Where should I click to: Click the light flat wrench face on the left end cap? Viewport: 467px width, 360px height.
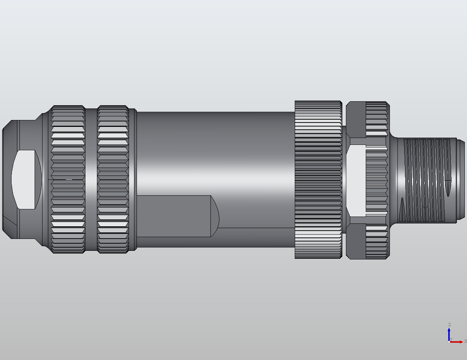coord(25,179)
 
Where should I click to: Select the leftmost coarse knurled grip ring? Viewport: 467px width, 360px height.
coord(68,179)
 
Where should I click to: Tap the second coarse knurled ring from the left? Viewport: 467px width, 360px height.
coord(113,179)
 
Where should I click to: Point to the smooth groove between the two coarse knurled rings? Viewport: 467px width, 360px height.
coord(91,179)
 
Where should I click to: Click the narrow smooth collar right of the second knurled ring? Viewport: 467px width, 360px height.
coord(133,179)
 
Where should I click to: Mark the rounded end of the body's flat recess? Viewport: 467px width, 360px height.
coord(215,216)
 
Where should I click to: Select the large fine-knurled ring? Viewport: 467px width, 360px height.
coord(318,179)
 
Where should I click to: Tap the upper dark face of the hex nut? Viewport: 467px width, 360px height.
coord(356,119)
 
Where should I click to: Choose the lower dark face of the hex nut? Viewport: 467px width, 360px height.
coord(356,241)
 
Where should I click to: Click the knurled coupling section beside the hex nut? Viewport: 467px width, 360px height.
coord(377,179)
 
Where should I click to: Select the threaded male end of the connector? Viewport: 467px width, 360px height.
coord(425,179)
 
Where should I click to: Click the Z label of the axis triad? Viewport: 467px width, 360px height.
coord(449,325)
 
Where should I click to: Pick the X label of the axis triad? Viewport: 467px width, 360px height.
coord(465,341)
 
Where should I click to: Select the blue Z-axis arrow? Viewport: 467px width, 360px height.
coord(449,333)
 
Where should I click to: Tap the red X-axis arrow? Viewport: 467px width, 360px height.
coord(457,342)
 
